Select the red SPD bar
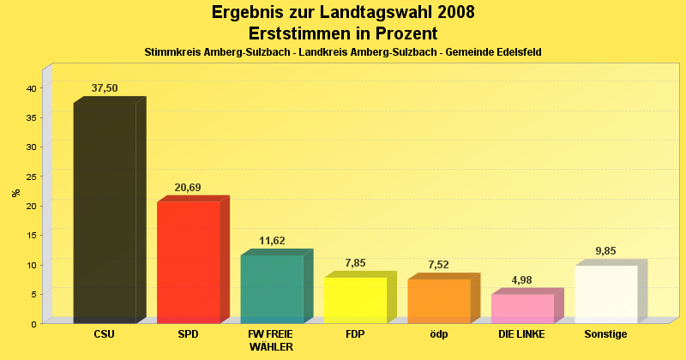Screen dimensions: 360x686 (188, 262)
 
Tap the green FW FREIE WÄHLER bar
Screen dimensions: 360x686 (272, 289)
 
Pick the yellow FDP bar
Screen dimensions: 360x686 (355, 300)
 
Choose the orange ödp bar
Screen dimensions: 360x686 (439, 301)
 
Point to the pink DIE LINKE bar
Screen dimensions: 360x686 (522, 309)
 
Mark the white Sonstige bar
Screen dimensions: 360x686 (606, 294)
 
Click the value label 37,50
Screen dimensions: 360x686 (105, 88)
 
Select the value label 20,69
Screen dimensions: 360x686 (188, 187)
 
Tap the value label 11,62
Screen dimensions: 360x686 (272, 241)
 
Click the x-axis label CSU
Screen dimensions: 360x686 (105, 333)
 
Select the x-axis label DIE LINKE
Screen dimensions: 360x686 (521, 333)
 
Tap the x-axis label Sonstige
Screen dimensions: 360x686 (605, 333)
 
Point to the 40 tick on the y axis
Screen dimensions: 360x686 (30, 88)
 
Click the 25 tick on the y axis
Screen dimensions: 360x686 (30, 177)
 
